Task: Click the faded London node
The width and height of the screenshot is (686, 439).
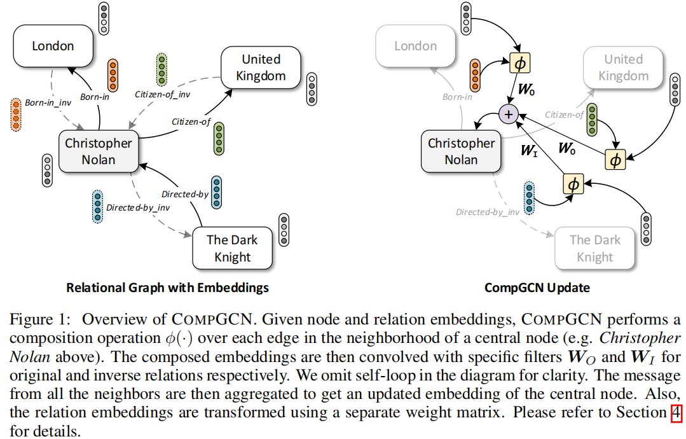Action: click(x=415, y=46)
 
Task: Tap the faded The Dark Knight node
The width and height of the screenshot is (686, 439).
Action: click(x=594, y=248)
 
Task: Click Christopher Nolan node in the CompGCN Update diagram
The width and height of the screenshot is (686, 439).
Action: click(x=461, y=151)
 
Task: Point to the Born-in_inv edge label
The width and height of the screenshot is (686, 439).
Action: click(x=48, y=102)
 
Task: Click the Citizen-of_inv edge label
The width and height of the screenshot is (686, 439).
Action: click(x=163, y=94)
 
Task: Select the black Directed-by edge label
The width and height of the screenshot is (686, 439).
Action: click(x=185, y=194)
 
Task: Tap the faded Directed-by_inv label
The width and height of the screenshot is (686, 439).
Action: click(x=487, y=212)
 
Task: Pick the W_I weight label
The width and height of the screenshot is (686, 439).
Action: click(x=529, y=151)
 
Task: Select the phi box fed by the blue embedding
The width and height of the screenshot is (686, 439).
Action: click(x=573, y=184)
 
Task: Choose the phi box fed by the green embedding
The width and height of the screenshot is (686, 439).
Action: click(x=615, y=160)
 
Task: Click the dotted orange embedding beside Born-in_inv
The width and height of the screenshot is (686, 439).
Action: click(x=15, y=115)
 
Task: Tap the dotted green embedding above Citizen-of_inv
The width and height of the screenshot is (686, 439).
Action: click(x=162, y=71)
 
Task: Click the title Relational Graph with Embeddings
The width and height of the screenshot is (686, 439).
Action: click(x=167, y=288)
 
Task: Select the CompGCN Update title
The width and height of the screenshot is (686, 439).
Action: click(x=537, y=288)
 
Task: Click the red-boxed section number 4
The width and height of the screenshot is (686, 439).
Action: click(x=676, y=413)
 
